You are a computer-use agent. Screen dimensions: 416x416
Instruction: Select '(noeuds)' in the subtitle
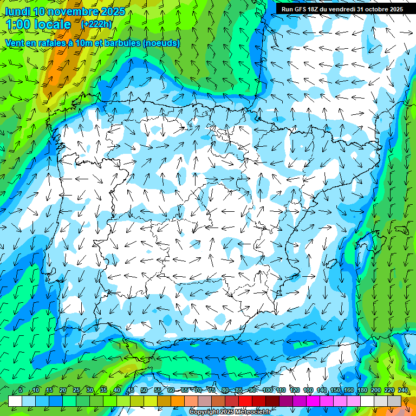click(x=161, y=43)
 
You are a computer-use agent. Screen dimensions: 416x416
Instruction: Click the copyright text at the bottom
click(x=230, y=412)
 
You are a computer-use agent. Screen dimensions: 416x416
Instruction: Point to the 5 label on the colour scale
click(x=21, y=390)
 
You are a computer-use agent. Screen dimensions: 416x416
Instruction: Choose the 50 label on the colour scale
click(x=144, y=390)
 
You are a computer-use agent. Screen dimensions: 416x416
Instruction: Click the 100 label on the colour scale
click(x=267, y=390)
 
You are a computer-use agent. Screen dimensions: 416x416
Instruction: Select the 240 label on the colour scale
click(x=403, y=390)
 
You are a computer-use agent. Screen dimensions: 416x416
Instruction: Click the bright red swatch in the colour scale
click(x=245, y=401)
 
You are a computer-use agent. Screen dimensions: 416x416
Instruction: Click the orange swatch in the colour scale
click(x=178, y=401)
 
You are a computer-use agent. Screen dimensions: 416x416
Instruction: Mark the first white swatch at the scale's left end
click(x=15, y=401)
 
